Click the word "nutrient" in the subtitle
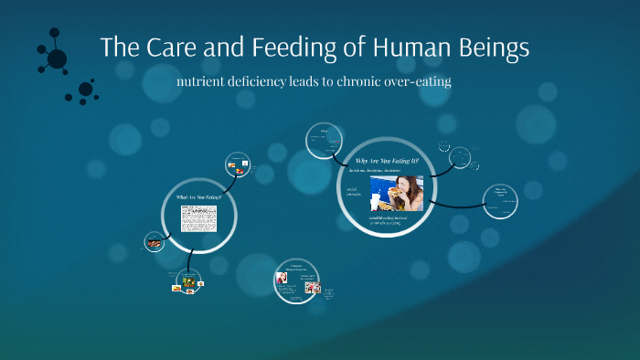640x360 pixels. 214,80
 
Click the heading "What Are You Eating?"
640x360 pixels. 198,196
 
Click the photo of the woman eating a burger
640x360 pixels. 396,193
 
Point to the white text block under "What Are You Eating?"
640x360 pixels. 198,218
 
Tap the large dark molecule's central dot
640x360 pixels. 57,59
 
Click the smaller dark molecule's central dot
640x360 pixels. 85,90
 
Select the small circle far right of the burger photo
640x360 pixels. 500,202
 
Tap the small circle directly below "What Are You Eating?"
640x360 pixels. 188,281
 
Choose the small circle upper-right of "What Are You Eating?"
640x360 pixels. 238,165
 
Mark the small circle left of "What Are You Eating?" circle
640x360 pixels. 154,242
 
